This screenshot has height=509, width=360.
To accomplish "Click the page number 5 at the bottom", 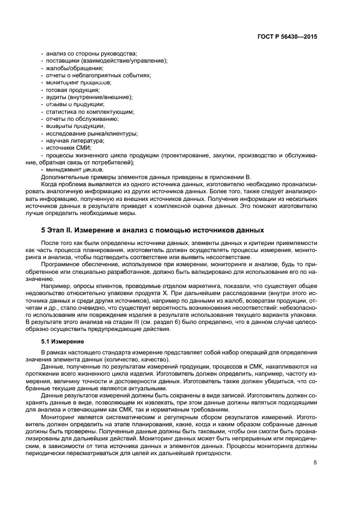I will [315, 463].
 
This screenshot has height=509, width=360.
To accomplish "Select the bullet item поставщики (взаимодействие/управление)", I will [107, 60].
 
